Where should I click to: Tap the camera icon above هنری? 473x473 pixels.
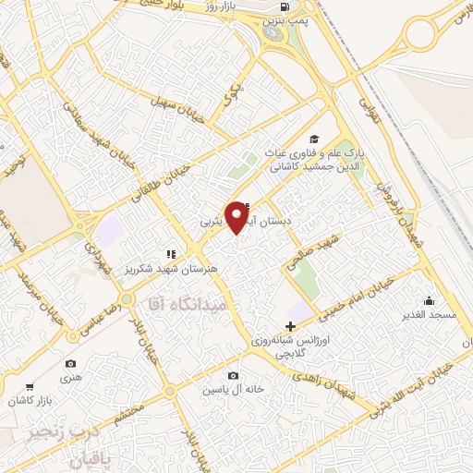71,364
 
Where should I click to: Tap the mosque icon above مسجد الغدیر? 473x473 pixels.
428,300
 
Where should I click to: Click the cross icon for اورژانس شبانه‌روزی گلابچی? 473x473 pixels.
291,325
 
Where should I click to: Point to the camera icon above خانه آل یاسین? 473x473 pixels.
233,375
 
